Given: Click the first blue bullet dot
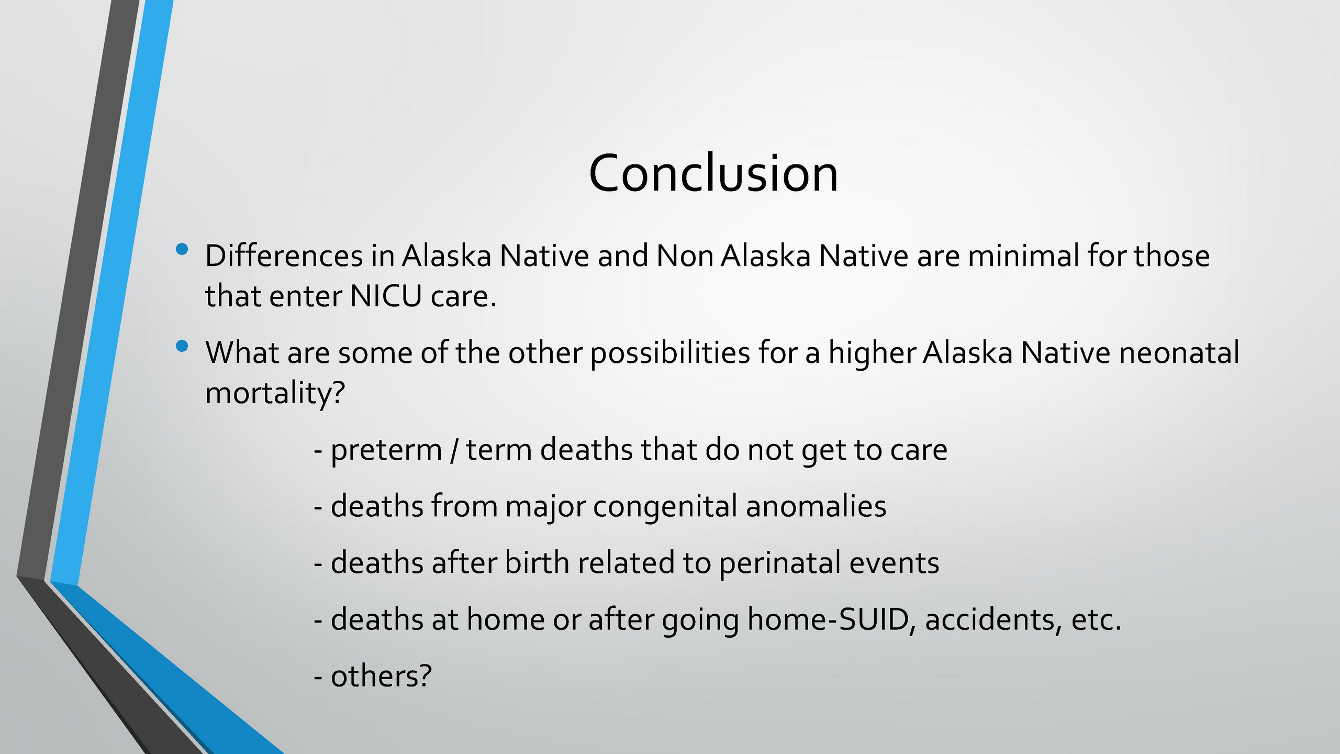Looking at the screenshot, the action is pyautogui.click(x=182, y=249).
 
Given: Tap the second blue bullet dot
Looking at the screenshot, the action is pyautogui.click(x=182, y=346).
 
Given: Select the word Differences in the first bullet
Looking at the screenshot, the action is pyautogui.click(x=284, y=256).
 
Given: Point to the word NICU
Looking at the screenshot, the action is pyautogui.click(x=386, y=296).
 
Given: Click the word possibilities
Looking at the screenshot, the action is pyautogui.click(x=671, y=354).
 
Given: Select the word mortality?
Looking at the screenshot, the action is pyautogui.click(x=275, y=394).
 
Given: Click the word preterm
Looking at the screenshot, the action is pyautogui.click(x=386, y=450).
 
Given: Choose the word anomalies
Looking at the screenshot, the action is pyautogui.click(x=816, y=506).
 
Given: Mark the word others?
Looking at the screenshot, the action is pyautogui.click(x=382, y=676).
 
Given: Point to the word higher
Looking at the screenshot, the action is pyautogui.click(x=871, y=354).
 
